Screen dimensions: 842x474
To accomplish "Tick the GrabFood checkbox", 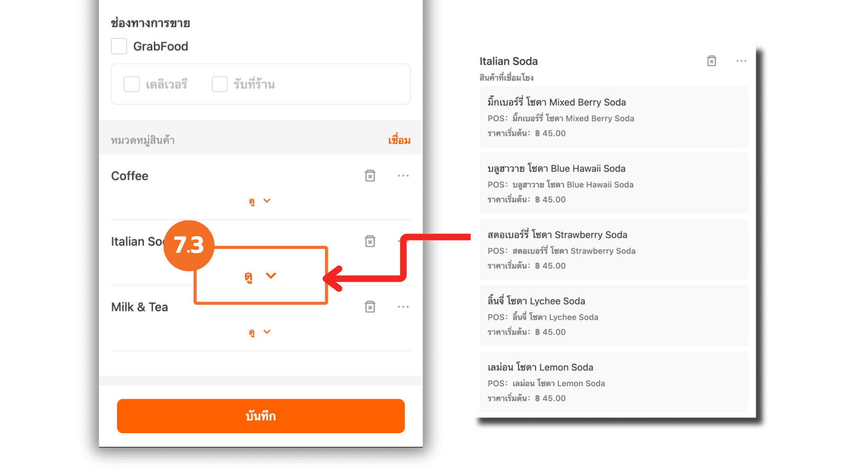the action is click(119, 46).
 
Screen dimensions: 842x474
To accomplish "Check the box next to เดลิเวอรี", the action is click(132, 84).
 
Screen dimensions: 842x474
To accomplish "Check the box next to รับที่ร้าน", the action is click(220, 84).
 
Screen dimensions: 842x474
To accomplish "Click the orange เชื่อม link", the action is click(399, 140).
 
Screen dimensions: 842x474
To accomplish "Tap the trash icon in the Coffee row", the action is click(370, 176).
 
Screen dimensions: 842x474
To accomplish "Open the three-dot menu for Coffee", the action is click(403, 176).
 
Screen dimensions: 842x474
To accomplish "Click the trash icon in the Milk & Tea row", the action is click(370, 306).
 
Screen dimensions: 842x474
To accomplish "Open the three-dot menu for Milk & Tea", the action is click(403, 306).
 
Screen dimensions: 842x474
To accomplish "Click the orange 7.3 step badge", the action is click(189, 245).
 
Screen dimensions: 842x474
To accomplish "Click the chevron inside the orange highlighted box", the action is click(271, 276).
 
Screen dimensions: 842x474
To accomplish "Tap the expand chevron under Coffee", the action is click(267, 201).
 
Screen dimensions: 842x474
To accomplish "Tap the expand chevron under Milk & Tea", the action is click(267, 332).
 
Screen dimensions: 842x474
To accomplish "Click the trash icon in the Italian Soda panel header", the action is click(712, 61).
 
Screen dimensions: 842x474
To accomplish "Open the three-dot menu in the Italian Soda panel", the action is click(741, 61).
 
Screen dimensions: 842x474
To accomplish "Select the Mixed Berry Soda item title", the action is click(557, 102).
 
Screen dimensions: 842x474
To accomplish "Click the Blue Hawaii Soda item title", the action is click(557, 169).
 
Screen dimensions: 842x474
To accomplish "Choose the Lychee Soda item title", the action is click(536, 301).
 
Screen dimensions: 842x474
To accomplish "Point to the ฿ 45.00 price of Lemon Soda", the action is click(550, 398).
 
